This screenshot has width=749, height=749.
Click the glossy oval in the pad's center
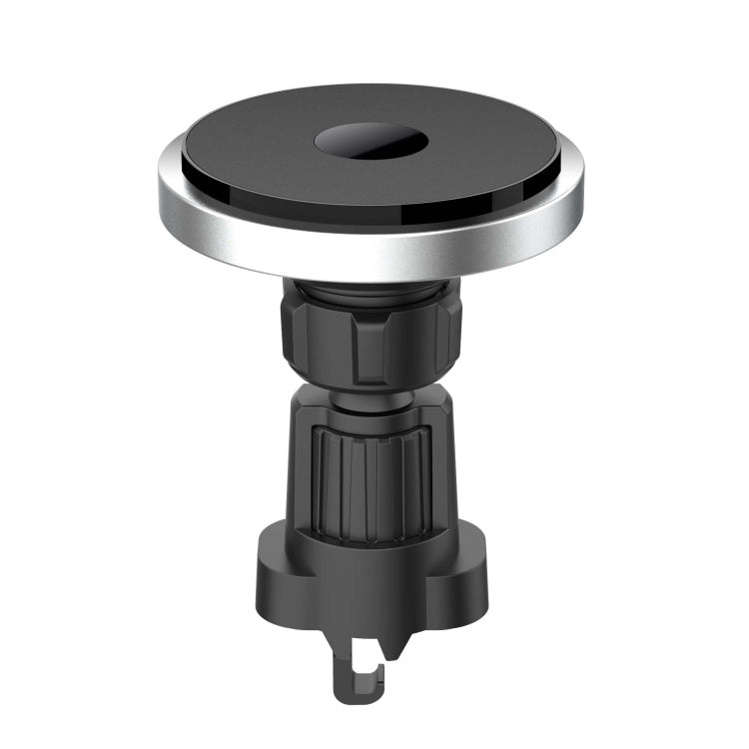(371, 141)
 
